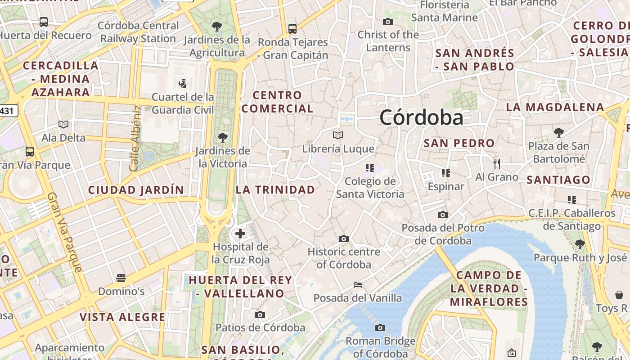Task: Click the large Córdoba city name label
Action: pyautogui.click(x=421, y=117)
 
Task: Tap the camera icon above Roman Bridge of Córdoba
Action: pyautogui.click(x=380, y=328)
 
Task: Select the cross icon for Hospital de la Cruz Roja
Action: pyautogui.click(x=240, y=234)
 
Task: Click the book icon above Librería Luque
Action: pyautogui.click(x=338, y=135)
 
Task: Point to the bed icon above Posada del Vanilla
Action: pyautogui.click(x=358, y=285)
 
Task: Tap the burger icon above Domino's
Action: pyautogui.click(x=121, y=278)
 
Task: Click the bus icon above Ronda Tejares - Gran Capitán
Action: pyautogui.click(x=292, y=29)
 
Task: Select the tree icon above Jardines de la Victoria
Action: pyautogui.click(x=222, y=137)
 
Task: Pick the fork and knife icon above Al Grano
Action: pyautogui.click(x=497, y=163)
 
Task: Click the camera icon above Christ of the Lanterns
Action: pyautogui.click(x=388, y=22)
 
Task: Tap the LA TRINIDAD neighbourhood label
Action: pyautogui.click(x=275, y=190)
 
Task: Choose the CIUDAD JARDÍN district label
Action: pyautogui.click(x=136, y=190)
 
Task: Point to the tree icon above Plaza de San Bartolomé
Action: pyautogui.click(x=558, y=132)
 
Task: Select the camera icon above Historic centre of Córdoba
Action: pyautogui.click(x=344, y=238)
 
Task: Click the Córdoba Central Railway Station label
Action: pyautogui.click(x=138, y=32)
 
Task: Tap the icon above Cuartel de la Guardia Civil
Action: pyautogui.click(x=182, y=83)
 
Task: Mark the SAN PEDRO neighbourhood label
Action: pyautogui.click(x=459, y=144)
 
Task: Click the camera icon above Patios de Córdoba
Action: pyautogui.click(x=260, y=315)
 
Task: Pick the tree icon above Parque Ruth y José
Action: pyautogui.click(x=580, y=244)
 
